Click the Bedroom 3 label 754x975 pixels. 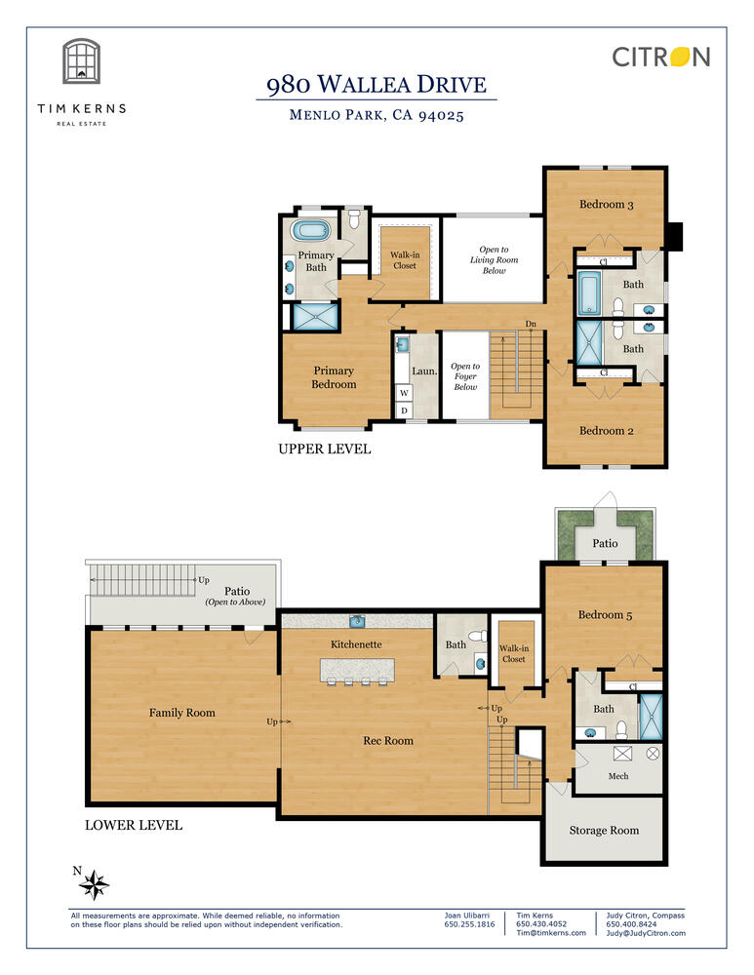(x=606, y=205)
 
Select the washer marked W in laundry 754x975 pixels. (x=405, y=393)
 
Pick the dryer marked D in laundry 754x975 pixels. (x=405, y=410)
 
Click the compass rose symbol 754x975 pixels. (x=94, y=884)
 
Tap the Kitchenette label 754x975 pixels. (x=356, y=644)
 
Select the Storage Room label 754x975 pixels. (x=604, y=830)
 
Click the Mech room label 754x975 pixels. (x=618, y=776)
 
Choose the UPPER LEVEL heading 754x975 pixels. (x=324, y=448)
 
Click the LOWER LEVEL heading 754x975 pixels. (x=134, y=825)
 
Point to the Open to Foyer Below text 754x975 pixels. (x=465, y=376)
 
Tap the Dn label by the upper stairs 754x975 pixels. (x=531, y=324)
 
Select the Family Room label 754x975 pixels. (x=181, y=713)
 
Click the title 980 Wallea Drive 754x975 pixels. (x=377, y=84)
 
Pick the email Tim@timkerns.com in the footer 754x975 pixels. (x=551, y=933)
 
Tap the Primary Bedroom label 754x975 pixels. (x=334, y=377)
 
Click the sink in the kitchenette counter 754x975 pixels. (x=357, y=620)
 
